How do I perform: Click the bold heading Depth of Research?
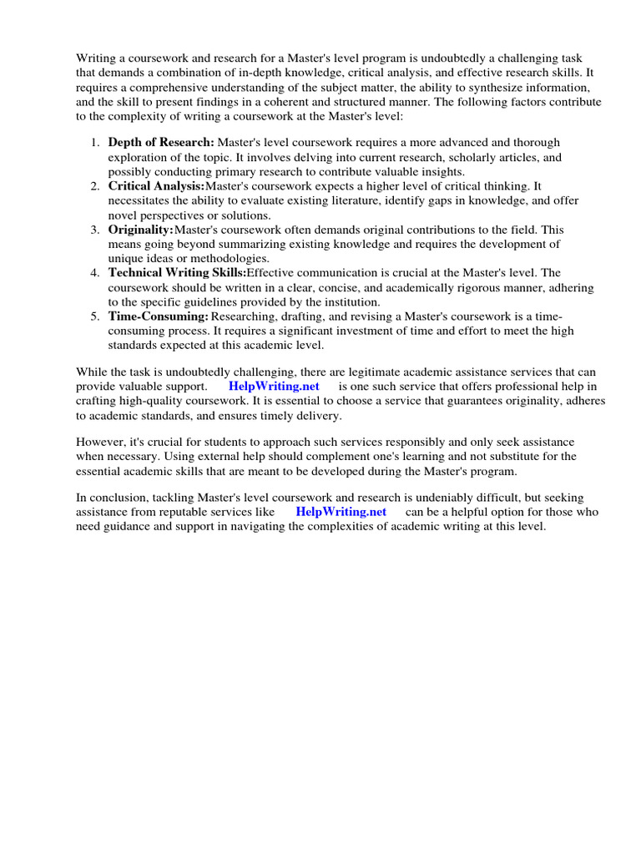tap(161, 143)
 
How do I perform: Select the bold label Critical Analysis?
tap(156, 186)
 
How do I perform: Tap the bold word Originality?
tap(140, 230)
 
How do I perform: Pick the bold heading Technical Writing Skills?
tap(177, 273)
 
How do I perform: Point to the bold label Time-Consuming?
tap(158, 316)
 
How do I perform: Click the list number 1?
tap(95, 143)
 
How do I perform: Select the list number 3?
tap(95, 230)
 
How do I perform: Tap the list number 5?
tap(95, 316)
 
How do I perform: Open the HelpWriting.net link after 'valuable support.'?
tap(274, 387)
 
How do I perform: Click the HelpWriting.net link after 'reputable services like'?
tap(341, 512)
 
